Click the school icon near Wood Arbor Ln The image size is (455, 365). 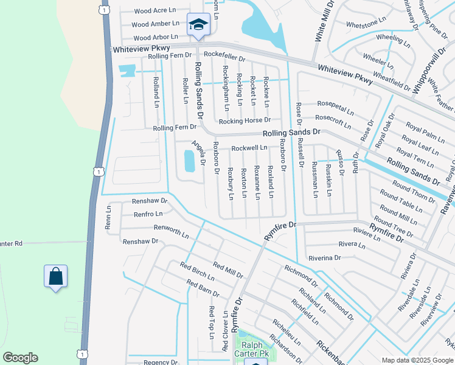click(198, 25)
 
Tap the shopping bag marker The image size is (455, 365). click(55, 277)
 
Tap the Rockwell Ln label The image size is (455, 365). click(249, 148)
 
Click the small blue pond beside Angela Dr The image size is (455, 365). click(189, 161)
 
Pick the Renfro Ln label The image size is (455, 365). click(148, 214)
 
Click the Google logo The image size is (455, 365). click(20, 358)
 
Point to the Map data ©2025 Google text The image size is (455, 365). click(417, 360)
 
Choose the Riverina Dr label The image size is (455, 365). click(324, 258)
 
